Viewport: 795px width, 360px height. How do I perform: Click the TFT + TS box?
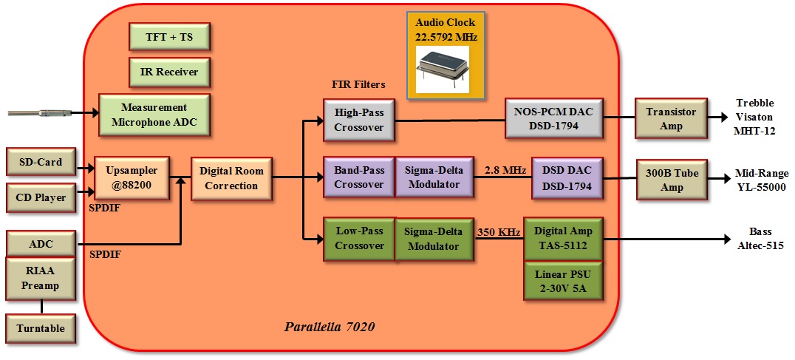(x=169, y=37)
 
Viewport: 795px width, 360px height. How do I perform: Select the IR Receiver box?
(x=169, y=72)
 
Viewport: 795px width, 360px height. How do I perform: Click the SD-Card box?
(x=41, y=161)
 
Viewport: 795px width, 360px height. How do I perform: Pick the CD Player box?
(x=41, y=197)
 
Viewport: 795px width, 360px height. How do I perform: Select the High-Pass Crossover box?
(x=359, y=118)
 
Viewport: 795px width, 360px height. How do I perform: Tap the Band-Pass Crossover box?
(x=359, y=177)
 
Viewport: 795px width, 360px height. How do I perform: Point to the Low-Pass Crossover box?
(x=359, y=239)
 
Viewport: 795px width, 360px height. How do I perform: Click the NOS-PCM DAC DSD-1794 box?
(x=553, y=118)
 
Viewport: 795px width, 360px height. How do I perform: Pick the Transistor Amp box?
(x=671, y=118)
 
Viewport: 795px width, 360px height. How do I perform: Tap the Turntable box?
(x=41, y=328)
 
